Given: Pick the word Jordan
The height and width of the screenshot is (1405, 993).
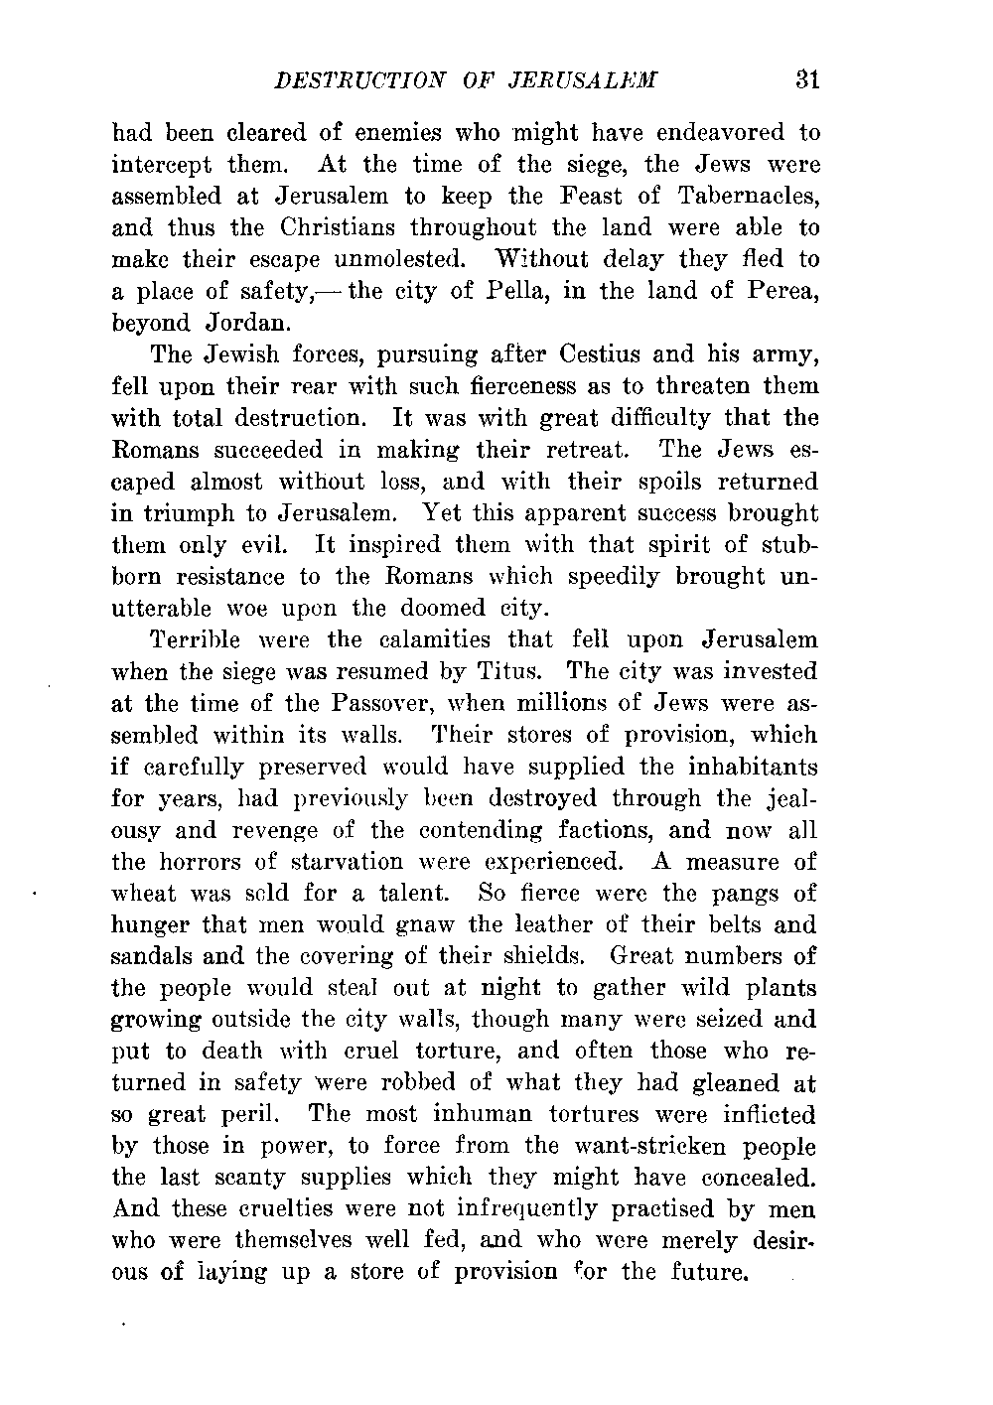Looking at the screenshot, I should coord(248,324).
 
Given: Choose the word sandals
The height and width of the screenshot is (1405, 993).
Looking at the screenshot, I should coord(152,957).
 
